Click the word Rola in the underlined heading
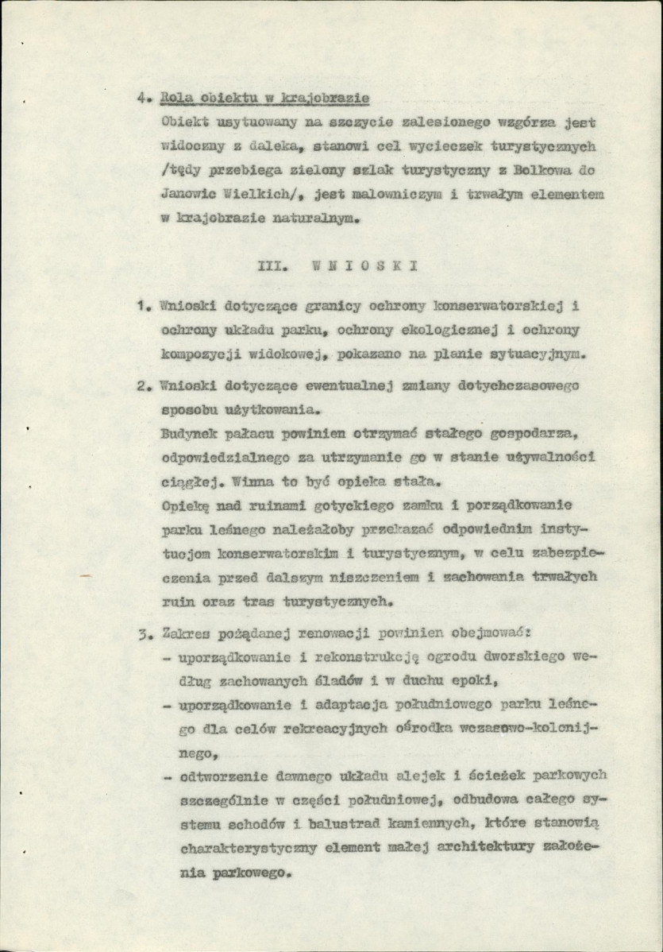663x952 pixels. coord(176,99)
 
